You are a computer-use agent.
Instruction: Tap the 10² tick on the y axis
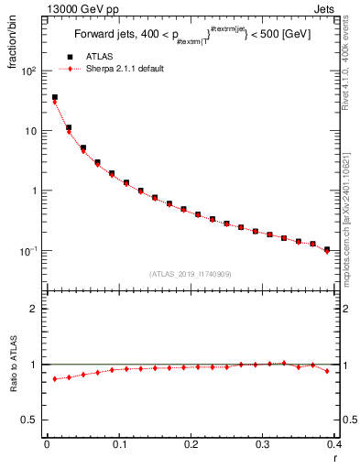click(29, 71)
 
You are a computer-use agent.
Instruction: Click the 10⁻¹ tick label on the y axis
click(29, 251)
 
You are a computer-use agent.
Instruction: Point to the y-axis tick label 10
click(31, 131)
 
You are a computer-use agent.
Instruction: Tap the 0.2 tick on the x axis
click(191, 445)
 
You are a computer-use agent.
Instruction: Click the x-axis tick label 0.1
click(118, 445)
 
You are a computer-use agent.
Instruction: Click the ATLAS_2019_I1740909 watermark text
click(191, 274)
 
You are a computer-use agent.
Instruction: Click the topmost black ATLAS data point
click(55, 97)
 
